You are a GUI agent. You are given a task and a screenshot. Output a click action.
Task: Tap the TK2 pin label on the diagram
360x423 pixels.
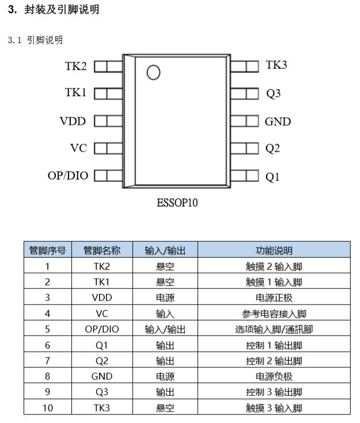point(75,66)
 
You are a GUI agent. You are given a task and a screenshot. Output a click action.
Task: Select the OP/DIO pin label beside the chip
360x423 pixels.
point(68,176)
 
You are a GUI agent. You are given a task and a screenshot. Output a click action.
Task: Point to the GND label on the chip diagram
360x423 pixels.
point(278,121)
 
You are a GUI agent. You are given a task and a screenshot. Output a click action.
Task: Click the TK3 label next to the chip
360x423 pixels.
point(276,64)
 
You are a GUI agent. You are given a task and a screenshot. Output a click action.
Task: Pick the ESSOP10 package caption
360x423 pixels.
point(177,203)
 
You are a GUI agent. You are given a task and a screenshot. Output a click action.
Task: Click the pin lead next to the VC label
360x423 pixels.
point(108,148)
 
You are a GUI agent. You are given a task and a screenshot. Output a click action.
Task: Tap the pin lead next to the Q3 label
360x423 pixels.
point(245,94)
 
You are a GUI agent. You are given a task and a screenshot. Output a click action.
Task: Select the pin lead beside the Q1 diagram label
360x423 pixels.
point(245,176)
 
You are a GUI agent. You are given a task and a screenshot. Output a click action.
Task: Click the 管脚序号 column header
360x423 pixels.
point(48,250)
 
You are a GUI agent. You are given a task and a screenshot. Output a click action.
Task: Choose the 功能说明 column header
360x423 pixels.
point(274,250)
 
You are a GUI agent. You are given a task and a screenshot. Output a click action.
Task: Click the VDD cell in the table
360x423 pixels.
point(102,298)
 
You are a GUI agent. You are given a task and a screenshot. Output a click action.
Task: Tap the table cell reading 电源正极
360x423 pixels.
point(274,298)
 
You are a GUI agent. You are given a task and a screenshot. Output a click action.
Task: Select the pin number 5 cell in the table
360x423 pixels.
point(48,329)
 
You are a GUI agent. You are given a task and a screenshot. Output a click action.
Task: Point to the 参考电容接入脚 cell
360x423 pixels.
point(274,314)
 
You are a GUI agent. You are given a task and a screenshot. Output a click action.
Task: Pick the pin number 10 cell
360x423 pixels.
point(48,407)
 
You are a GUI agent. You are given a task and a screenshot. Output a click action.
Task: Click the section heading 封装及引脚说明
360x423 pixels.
point(62,9)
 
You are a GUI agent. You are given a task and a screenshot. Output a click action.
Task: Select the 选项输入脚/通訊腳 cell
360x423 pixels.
point(274,329)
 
